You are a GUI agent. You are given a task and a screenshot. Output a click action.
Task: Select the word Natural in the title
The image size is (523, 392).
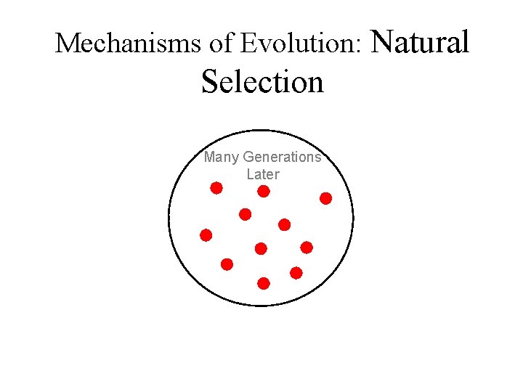click(420, 41)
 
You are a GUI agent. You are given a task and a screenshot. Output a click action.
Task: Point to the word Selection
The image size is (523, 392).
click(262, 81)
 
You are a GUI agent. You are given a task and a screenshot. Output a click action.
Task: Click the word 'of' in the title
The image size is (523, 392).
click(221, 44)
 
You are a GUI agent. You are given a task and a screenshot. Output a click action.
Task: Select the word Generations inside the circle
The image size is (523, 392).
click(282, 157)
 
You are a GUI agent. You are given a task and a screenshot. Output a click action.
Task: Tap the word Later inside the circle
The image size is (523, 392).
click(262, 174)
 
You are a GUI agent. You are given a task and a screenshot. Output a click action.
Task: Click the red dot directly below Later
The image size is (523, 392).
click(264, 192)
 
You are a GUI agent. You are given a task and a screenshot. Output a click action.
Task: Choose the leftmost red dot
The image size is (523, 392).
click(206, 235)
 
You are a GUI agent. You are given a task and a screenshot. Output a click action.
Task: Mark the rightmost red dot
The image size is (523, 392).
click(326, 198)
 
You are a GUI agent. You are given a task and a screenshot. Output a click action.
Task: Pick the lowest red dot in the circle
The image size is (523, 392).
click(264, 283)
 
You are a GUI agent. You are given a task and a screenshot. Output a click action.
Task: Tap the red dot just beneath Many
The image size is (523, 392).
click(216, 189)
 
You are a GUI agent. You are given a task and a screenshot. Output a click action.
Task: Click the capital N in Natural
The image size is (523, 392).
click(382, 41)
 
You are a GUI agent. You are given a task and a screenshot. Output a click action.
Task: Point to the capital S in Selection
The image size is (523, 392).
click(209, 81)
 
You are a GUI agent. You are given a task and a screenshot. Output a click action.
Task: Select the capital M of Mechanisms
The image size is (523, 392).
click(65, 44)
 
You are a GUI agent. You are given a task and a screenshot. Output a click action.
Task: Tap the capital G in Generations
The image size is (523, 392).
click(248, 157)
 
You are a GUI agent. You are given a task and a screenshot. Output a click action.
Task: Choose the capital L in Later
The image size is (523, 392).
click(250, 174)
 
